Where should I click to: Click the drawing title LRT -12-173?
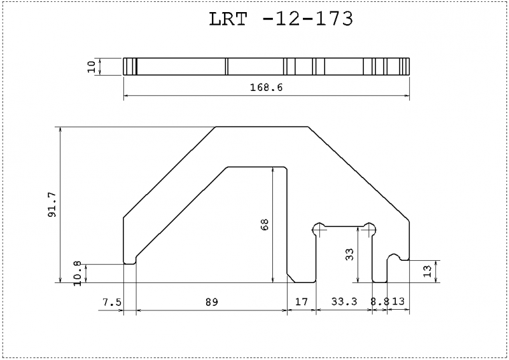[281, 19]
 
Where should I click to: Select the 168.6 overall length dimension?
[266, 88]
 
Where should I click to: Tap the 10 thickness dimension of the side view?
[91, 67]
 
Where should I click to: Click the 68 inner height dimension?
[265, 225]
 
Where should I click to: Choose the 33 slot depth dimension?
[349, 256]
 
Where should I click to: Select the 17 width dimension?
[302, 302]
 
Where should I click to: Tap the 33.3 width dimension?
[344, 302]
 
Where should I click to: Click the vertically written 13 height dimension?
[428, 271]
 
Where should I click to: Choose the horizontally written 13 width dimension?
[399, 302]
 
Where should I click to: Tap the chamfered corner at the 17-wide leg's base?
[291, 278]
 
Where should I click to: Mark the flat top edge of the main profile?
[262, 127]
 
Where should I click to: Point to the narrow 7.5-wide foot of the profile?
[130, 260]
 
